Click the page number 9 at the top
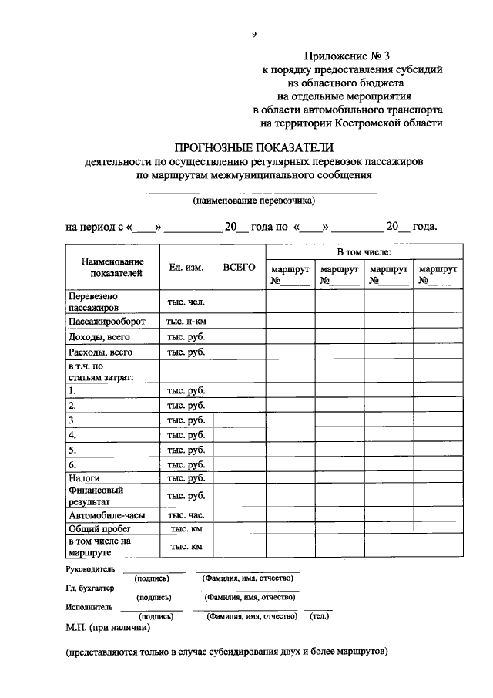click(x=254, y=34)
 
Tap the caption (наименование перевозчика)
click(x=254, y=200)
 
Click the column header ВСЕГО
click(x=239, y=267)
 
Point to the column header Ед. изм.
click(x=186, y=268)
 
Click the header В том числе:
click(x=364, y=252)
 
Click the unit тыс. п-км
click(x=186, y=321)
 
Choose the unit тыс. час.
click(x=186, y=514)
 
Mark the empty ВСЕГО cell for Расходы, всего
click(x=239, y=352)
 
